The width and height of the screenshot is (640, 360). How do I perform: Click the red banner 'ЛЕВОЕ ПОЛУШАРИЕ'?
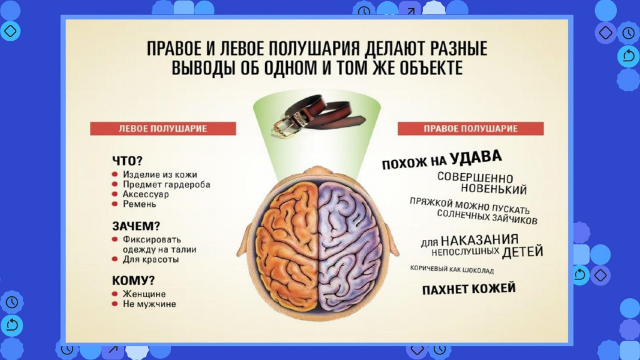[x=163, y=128]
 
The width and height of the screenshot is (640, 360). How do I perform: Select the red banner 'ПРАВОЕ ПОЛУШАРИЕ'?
[x=471, y=128]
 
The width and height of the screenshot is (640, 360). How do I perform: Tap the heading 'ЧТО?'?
[x=127, y=161]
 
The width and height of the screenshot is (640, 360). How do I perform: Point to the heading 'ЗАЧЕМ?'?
[x=136, y=226]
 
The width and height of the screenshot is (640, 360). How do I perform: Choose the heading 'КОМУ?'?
[x=134, y=281]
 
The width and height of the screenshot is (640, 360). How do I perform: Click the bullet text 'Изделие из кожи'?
[x=160, y=175]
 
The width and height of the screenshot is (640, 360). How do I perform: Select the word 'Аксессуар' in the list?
[x=146, y=194]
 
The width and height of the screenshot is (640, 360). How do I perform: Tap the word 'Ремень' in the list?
[x=139, y=204]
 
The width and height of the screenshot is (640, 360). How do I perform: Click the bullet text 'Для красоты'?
[x=151, y=259]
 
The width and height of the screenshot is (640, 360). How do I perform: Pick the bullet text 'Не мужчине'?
[x=149, y=304]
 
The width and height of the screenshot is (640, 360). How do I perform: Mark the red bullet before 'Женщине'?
[x=115, y=294]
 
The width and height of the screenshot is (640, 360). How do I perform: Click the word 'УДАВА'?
[x=476, y=157]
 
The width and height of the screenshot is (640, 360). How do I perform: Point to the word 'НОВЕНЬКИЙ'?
[x=494, y=189]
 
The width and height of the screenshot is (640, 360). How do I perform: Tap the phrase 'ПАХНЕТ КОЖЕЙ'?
[x=469, y=289]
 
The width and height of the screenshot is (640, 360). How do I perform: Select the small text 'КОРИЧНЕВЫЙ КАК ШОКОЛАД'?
[x=452, y=270]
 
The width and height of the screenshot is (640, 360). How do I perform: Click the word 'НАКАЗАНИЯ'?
[x=479, y=239]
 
